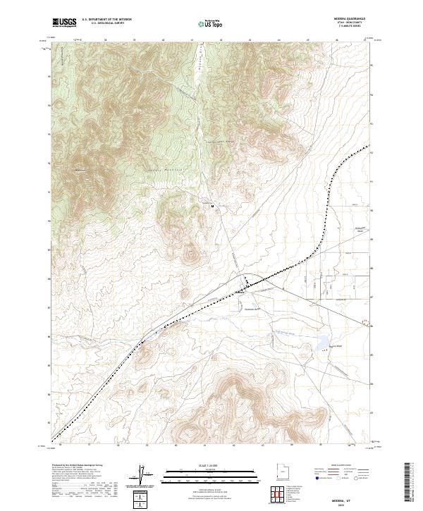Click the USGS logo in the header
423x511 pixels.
(64, 23)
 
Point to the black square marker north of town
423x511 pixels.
(213, 206)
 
